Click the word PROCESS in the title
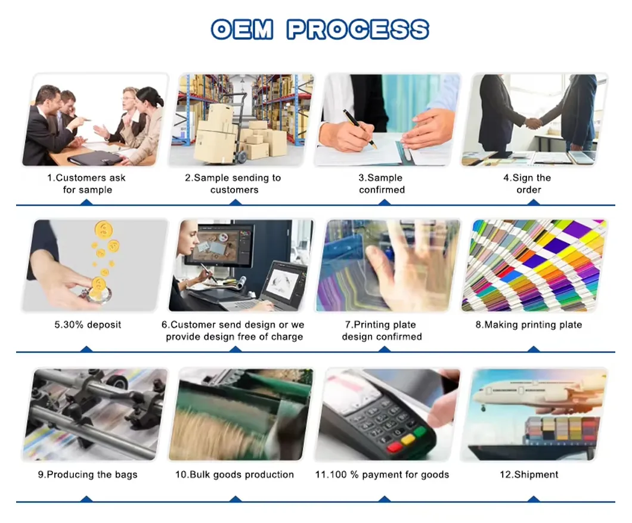pyautogui.click(x=358, y=29)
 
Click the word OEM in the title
pyautogui.click(x=243, y=29)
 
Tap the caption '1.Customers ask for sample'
pyautogui.click(x=86, y=184)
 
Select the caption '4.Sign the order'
pyautogui.click(x=528, y=184)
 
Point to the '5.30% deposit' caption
pyautogui.click(x=88, y=324)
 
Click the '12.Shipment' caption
pyautogui.click(x=529, y=475)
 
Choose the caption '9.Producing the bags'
pyautogui.click(x=88, y=475)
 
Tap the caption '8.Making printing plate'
pyautogui.click(x=529, y=324)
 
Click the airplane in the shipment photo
pyautogui.click(x=536, y=393)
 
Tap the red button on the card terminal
pyautogui.click(x=394, y=447)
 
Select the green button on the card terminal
pyautogui.click(x=420, y=432)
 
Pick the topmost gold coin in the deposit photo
pyautogui.click(x=104, y=230)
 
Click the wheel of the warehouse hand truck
pyautogui.click(x=242, y=156)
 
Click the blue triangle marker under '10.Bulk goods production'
pyautogui.click(x=235, y=499)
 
